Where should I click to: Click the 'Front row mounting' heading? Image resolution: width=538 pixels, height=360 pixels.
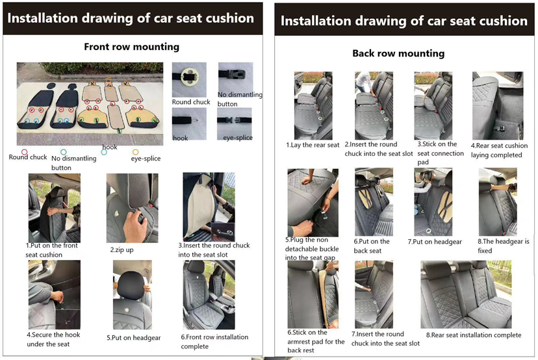(132, 47)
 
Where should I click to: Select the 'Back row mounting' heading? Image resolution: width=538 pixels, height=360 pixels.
(398, 53)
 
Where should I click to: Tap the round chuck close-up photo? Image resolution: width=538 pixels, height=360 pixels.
(189, 80)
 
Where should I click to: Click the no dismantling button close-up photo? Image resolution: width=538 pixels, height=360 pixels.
(235, 77)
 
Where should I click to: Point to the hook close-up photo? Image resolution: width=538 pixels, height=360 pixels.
(189, 124)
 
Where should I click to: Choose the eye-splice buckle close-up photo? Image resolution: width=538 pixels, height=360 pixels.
(235, 124)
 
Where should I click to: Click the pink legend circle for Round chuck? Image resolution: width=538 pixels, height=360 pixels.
(24, 152)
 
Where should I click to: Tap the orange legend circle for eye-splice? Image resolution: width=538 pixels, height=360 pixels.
(136, 152)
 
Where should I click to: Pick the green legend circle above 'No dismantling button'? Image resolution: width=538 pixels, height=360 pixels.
(64, 152)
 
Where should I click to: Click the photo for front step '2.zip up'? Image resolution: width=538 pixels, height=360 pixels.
(133, 208)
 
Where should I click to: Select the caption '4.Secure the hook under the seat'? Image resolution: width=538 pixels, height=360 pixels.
(53, 339)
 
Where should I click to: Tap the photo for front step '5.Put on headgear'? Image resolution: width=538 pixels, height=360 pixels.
(133, 295)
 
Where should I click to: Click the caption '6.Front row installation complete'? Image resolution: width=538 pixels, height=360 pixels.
(214, 342)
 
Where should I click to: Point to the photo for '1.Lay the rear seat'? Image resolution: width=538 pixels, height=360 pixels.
(313, 105)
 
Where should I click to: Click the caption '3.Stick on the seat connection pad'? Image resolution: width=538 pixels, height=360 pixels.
(441, 153)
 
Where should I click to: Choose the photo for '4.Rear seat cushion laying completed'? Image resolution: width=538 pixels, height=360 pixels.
(498, 105)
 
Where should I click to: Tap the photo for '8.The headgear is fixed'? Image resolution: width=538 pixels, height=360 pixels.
(498, 202)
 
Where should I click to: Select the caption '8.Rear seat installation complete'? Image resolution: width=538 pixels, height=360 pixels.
(474, 335)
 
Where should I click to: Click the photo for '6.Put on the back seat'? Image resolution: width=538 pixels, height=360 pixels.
(374, 202)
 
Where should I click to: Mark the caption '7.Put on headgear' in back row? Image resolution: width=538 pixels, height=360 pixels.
(435, 242)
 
